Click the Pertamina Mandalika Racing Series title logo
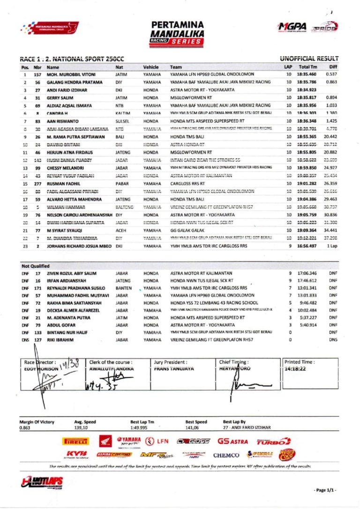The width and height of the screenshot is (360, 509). pyautogui.click(x=177, y=32)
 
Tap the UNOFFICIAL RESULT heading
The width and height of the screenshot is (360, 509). pyautogui.click(x=308, y=59)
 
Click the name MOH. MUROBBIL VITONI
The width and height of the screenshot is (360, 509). pyautogui.click(x=71, y=75)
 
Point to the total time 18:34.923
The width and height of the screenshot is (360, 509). pyautogui.click(x=307, y=90)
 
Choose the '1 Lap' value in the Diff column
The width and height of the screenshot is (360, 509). pyautogui.click(x=332, y=246)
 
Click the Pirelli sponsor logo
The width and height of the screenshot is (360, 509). pyautogui.click(x=75, y=441)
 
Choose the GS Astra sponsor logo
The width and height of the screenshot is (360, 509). pyautogui.click(x=232, y=441)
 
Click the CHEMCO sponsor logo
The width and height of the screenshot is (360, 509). pyautogui.click(x=226, y=455)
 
